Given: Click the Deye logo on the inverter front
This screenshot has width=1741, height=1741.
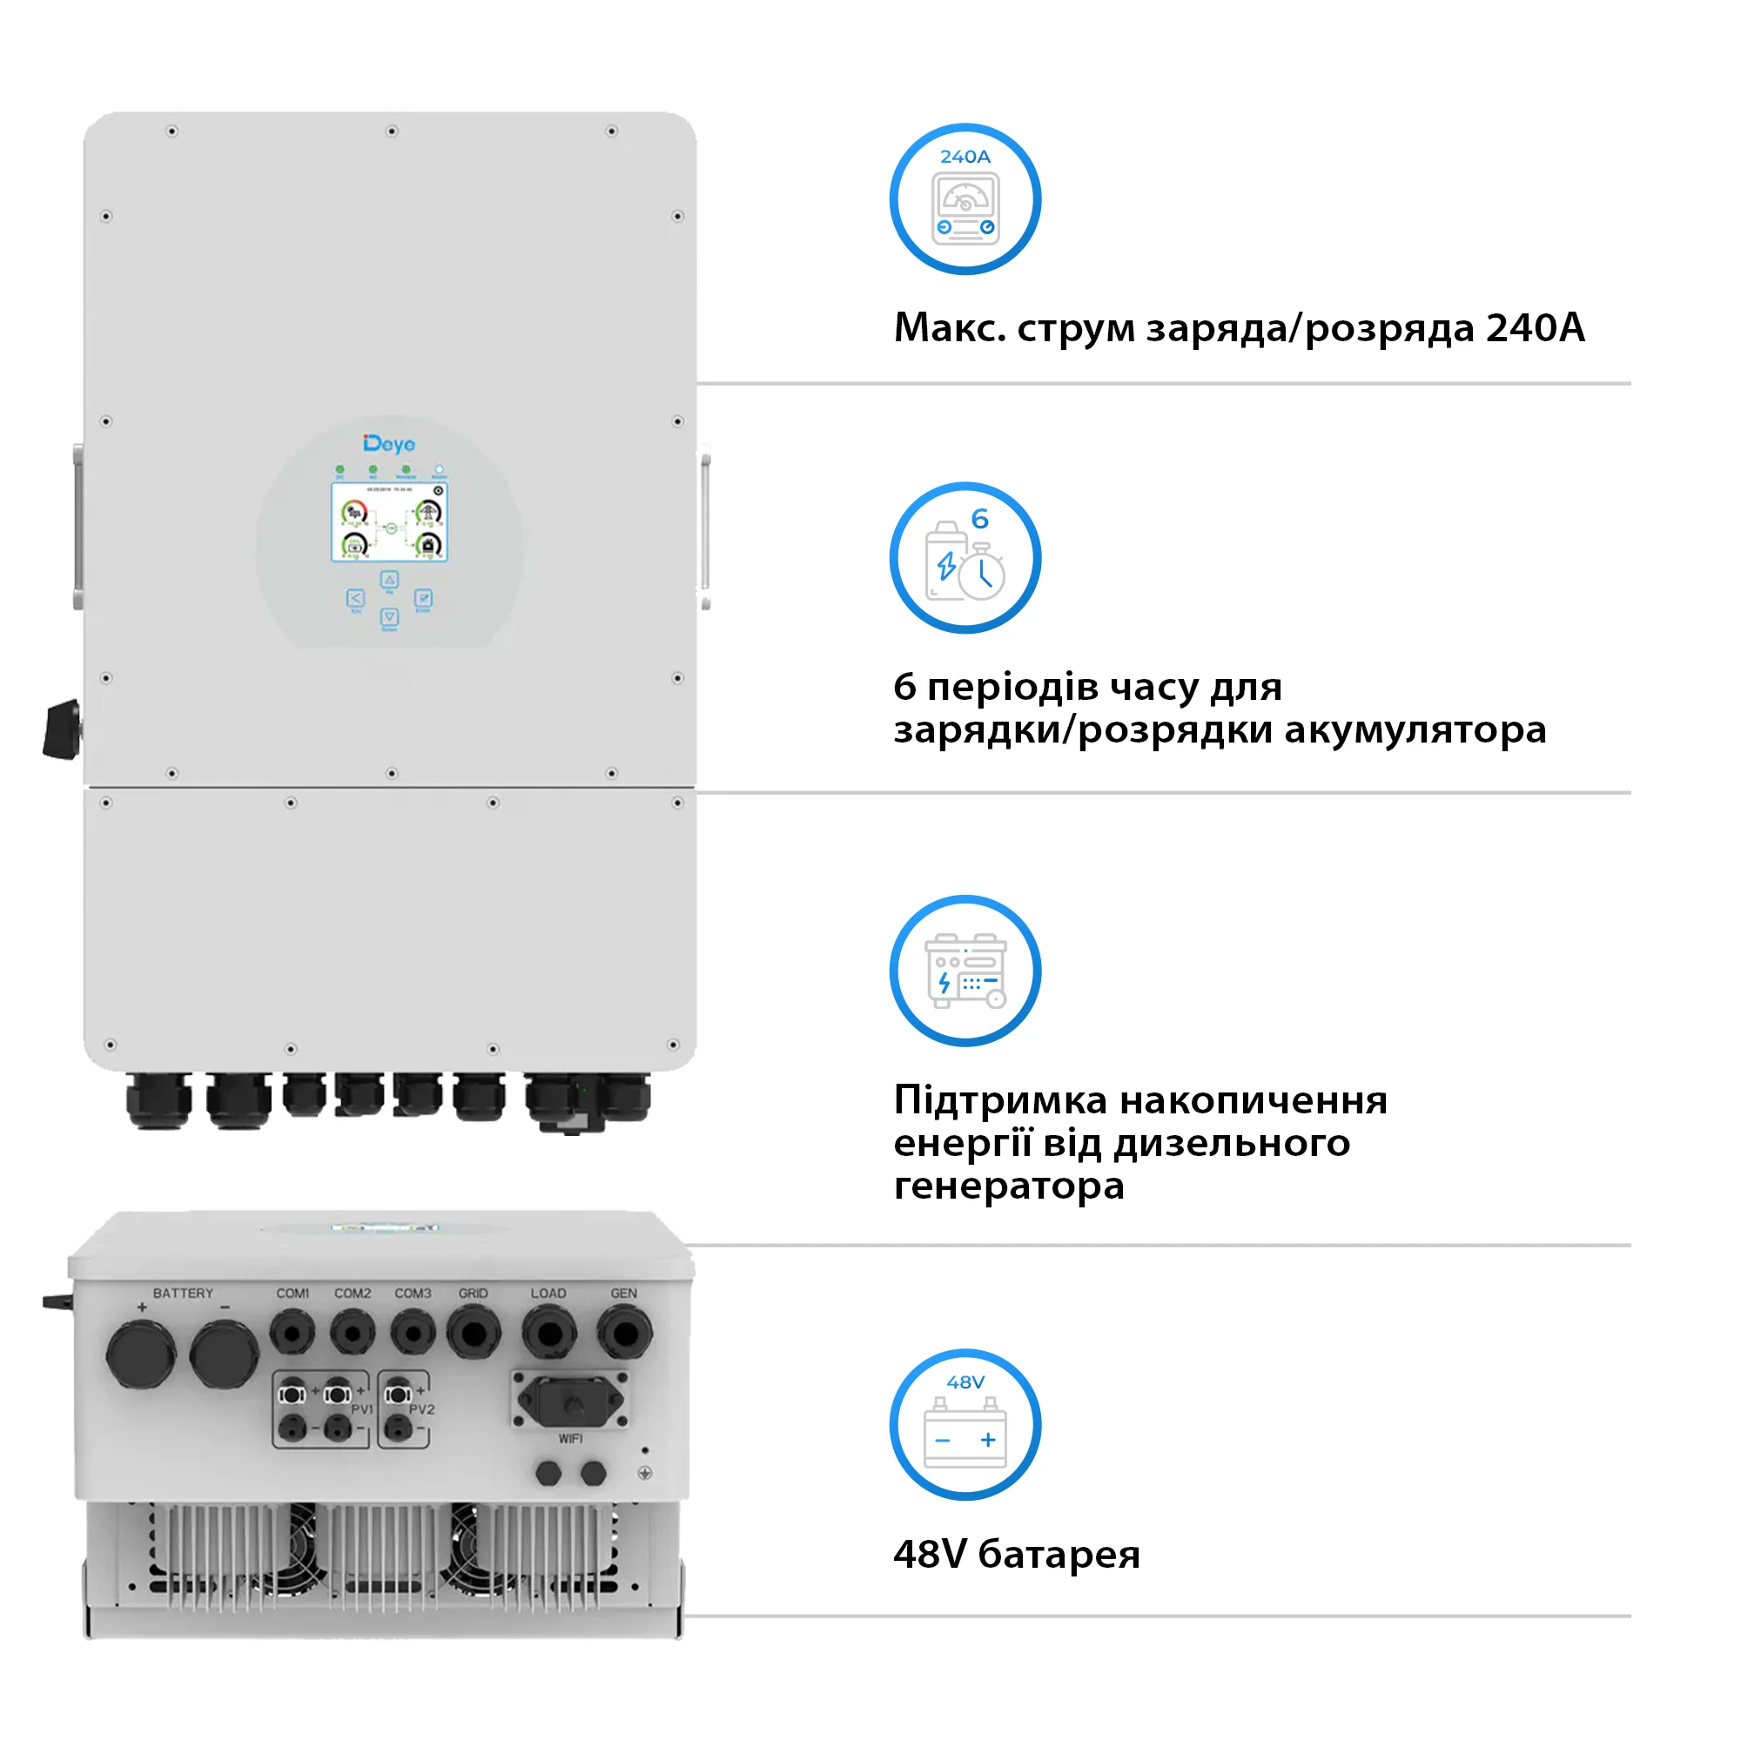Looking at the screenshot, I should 389,444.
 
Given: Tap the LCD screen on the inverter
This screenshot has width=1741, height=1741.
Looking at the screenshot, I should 389,521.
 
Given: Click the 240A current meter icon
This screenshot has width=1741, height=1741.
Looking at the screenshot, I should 965,199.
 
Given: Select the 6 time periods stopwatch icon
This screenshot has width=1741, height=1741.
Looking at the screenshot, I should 965,558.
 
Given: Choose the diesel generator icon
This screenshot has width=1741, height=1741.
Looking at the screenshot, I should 965,971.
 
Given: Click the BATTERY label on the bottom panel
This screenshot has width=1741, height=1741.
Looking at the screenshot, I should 183,1294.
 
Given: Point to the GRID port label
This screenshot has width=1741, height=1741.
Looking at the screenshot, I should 473,1294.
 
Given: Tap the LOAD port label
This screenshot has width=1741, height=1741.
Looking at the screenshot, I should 548,1294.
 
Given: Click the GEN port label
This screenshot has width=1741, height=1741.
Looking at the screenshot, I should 623,1294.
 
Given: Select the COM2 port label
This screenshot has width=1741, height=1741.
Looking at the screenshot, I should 353,1294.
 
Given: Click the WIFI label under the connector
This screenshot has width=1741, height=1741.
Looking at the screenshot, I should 570,1438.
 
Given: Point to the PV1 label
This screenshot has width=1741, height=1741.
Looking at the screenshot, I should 362,1409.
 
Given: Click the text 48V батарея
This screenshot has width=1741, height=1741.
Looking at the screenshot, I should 1017,1555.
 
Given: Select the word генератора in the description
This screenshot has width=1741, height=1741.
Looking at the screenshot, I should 1008,1186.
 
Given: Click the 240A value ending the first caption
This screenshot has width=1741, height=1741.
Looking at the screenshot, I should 1535,327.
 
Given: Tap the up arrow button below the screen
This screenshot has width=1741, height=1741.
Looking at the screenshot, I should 389,580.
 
